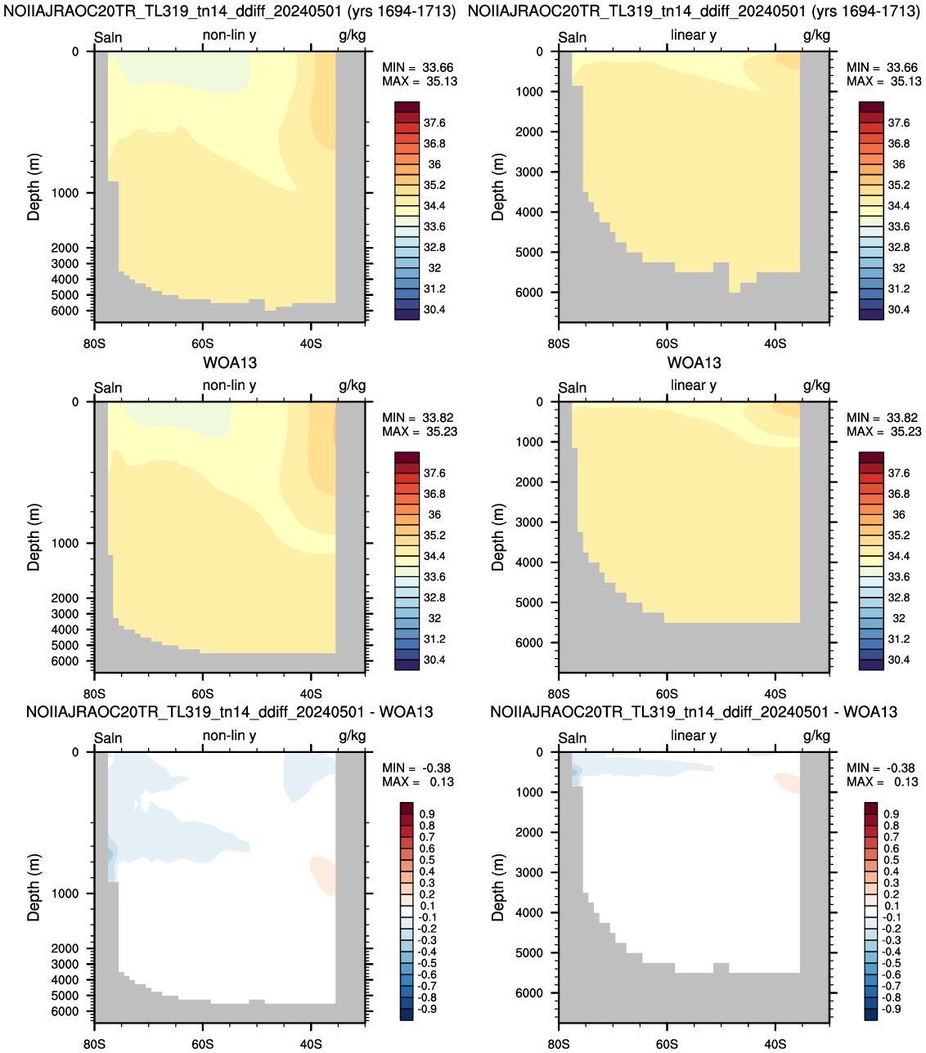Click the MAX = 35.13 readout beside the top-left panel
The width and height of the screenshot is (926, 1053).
(420, 81)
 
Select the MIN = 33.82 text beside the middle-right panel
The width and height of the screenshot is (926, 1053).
(883, 417)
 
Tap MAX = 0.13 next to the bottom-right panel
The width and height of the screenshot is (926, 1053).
(882, 782)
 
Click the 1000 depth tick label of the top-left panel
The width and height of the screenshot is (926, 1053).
(65, 193)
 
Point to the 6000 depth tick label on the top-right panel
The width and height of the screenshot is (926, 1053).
(529, 292)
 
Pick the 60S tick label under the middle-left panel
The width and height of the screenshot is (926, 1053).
(202, 693)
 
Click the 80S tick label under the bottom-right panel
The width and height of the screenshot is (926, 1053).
(558, 1044)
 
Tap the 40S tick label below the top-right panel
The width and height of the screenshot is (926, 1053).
(775, 343)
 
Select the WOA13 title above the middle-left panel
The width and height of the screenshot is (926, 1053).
(229, 362)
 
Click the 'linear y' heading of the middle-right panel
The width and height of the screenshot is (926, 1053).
(694, 385)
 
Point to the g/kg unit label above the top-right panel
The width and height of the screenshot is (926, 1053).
(816, 36)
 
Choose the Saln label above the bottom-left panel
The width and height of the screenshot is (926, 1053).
(108, 738)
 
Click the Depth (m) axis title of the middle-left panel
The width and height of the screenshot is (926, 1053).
(34, 537)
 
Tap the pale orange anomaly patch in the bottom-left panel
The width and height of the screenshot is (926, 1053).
(324, 876)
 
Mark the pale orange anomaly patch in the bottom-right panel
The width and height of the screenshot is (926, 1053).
(788, 782)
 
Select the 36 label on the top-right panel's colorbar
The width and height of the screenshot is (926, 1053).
(898, 164)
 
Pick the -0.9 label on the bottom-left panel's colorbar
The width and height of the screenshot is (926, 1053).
(427, 1008)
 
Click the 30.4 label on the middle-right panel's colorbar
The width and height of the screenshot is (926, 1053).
(898, 660)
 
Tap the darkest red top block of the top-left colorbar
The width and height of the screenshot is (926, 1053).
(407, 107)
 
